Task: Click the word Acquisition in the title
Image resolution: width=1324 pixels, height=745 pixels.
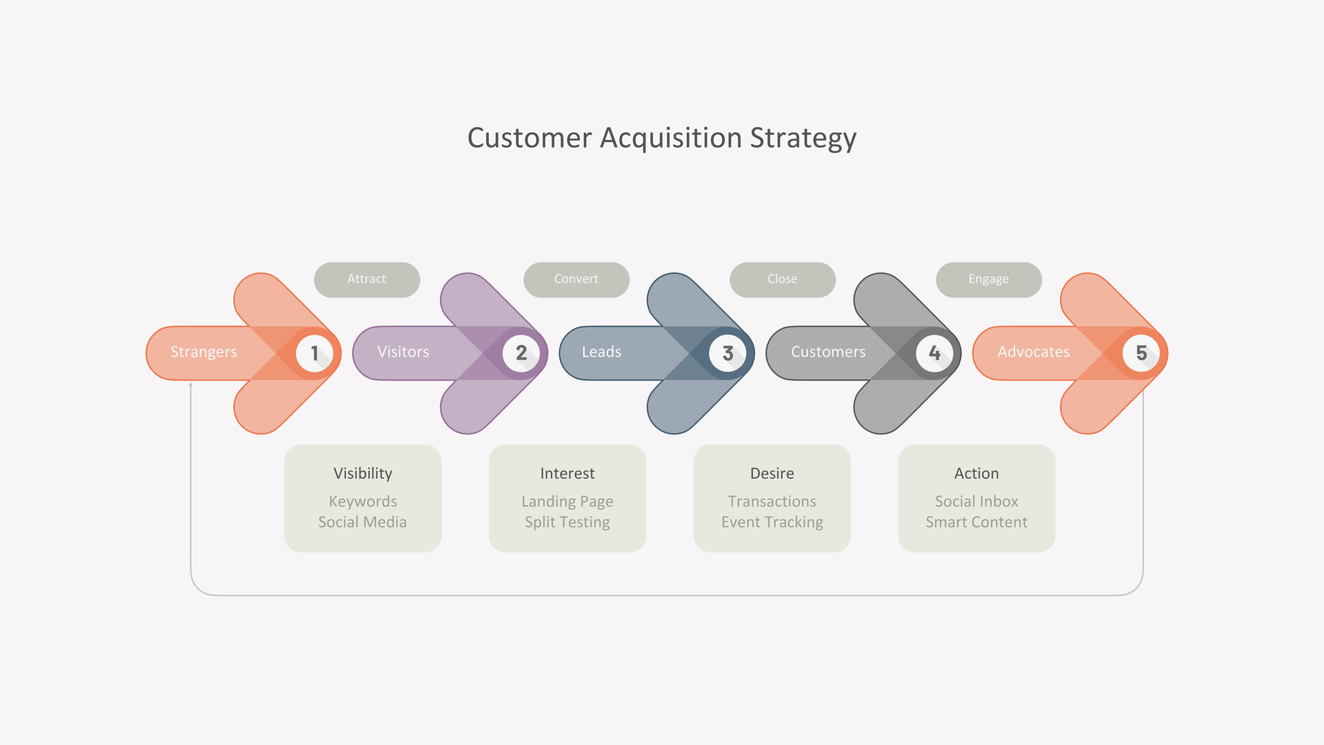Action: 671,139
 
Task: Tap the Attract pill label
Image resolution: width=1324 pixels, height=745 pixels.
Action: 367,279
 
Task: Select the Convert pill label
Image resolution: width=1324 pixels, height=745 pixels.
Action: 576,279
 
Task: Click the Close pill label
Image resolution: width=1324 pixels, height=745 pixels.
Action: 783,279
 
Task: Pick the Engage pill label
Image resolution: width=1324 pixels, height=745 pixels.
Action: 989,279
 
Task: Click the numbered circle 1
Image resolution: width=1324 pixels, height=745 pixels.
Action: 314,353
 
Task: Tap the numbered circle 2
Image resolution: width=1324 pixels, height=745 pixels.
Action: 521,353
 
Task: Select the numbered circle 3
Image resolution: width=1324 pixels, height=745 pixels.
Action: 728,353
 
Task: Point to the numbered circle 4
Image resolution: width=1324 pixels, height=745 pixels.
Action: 934,353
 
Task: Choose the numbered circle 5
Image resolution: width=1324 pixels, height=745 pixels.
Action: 1141,353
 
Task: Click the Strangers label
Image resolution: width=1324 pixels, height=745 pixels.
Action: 203,352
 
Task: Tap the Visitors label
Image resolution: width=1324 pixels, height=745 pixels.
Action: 403,352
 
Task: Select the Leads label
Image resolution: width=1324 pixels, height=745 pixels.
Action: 601,352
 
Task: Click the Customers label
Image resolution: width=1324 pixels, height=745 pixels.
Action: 828,352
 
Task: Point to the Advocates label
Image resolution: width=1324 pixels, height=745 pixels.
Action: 1034,352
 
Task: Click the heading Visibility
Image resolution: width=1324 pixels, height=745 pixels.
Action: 363,474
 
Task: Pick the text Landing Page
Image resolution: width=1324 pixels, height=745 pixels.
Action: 568,502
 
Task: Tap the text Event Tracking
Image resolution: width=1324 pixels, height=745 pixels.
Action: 772,523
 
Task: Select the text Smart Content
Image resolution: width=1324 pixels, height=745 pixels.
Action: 976,522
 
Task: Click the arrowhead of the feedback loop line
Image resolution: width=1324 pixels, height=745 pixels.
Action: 191,384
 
